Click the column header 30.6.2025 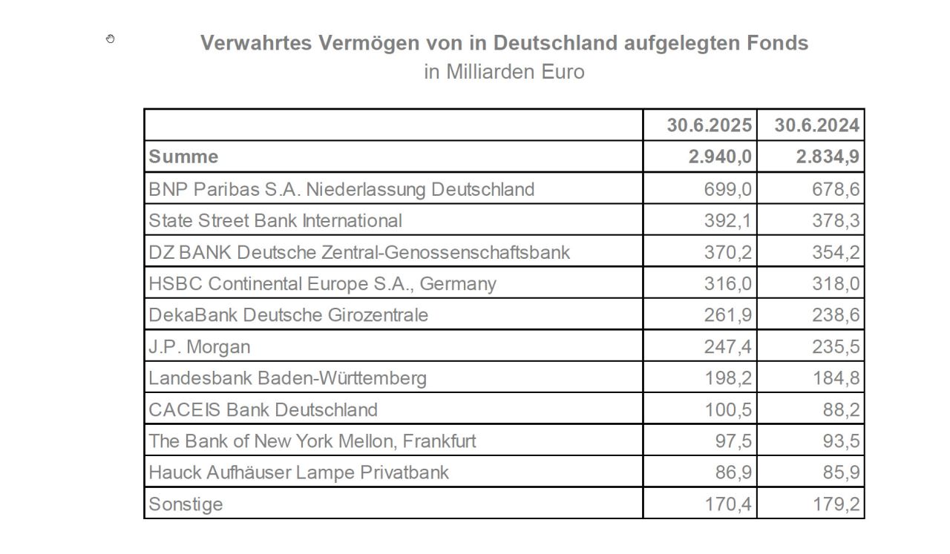709,125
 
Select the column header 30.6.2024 816,125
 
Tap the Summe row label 183,156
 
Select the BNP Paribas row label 341,189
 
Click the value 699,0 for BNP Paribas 727,189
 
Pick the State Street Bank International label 275,220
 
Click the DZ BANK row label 359,252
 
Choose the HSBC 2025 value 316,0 727,283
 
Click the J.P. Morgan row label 200,346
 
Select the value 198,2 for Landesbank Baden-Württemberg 727,378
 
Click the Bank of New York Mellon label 312,441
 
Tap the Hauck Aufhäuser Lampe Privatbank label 298,472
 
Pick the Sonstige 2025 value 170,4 727,504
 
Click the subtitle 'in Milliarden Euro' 504,72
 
